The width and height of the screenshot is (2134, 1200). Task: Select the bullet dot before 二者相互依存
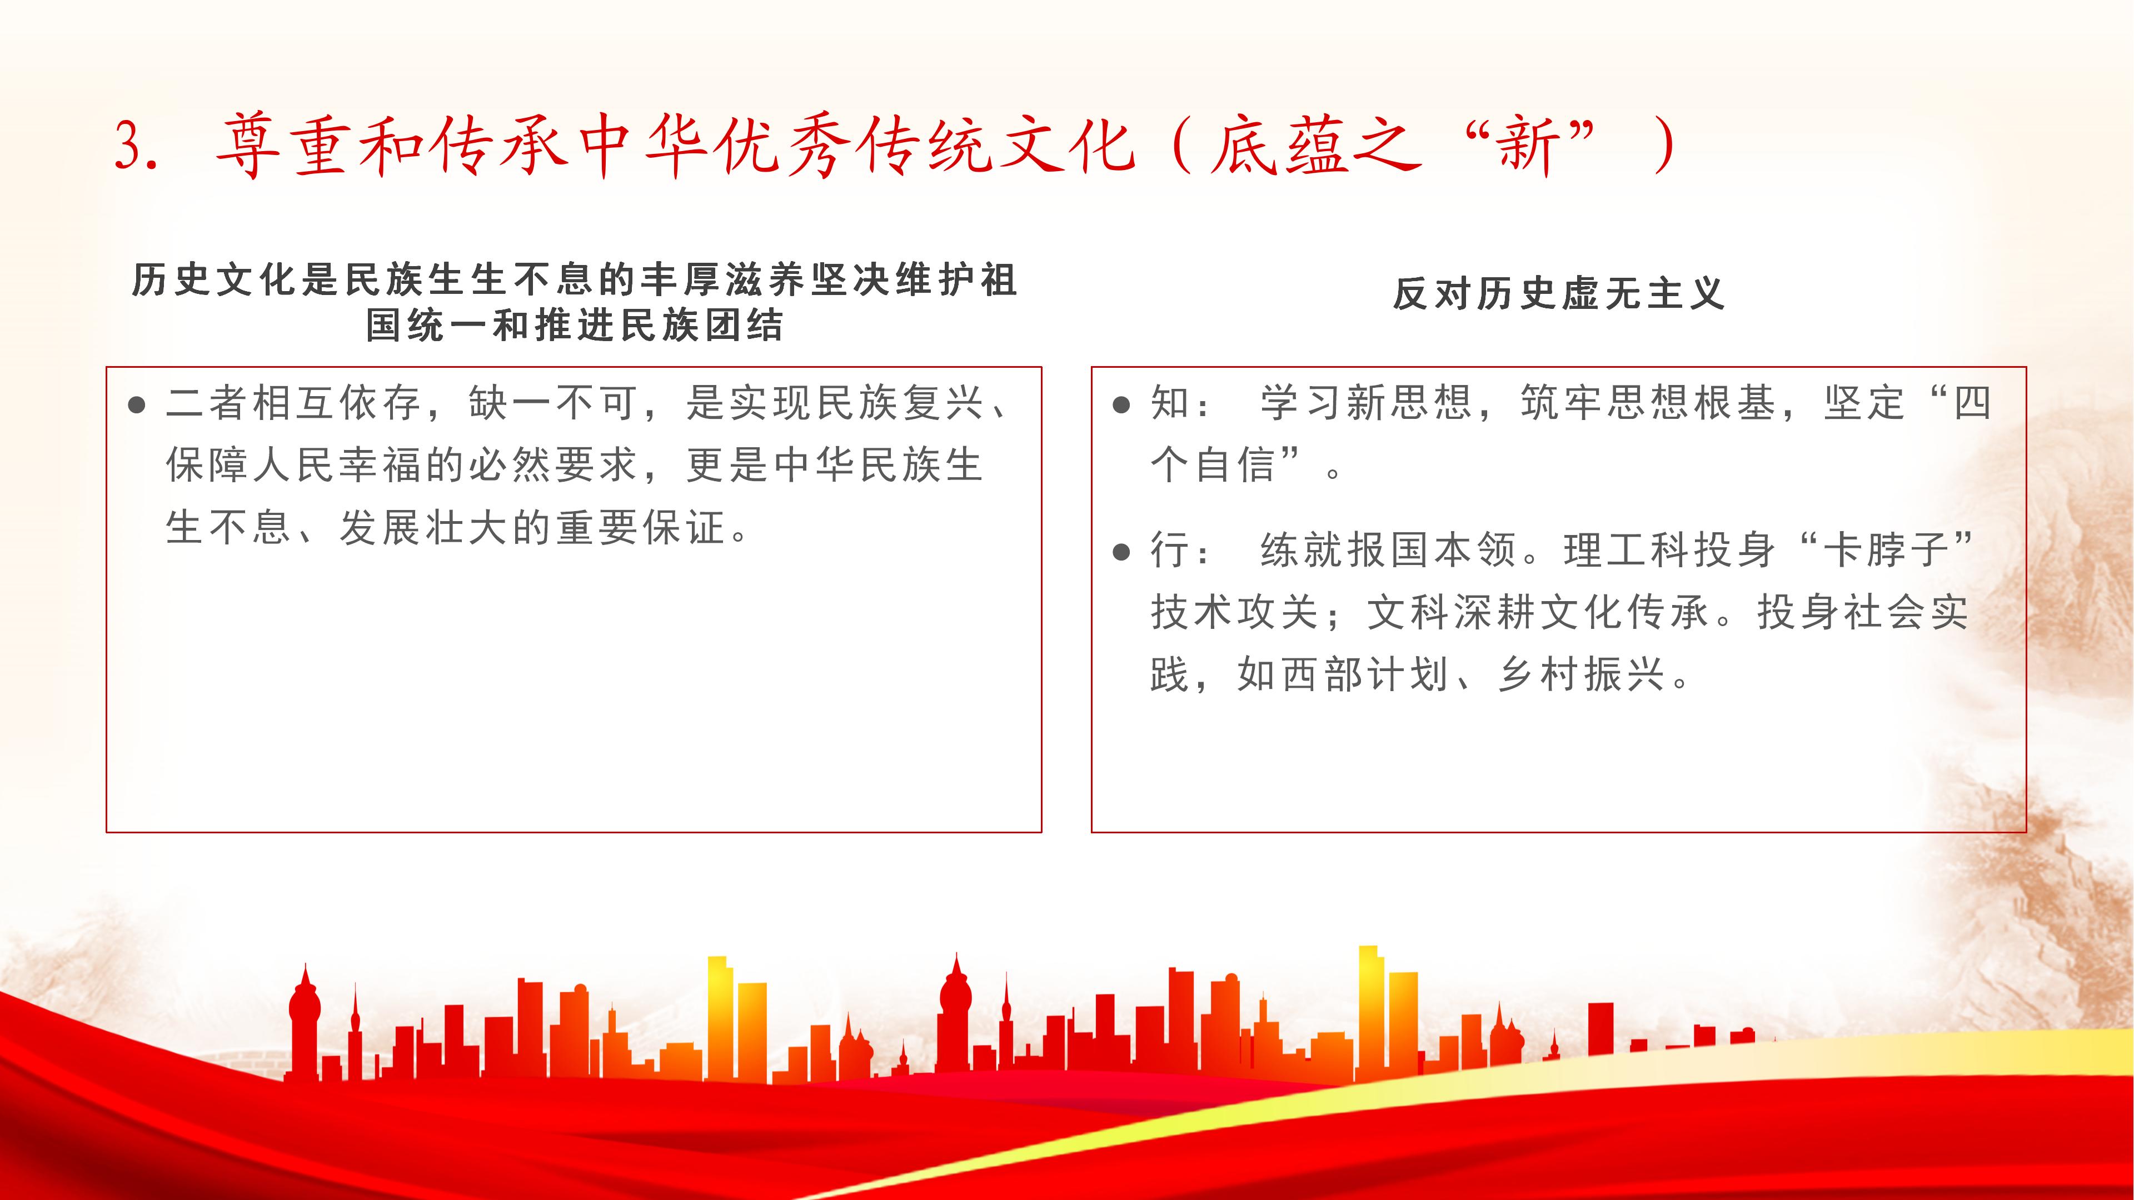click(x=137, y=405)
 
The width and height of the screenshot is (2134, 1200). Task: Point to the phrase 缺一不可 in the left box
click(x=555, y=404)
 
